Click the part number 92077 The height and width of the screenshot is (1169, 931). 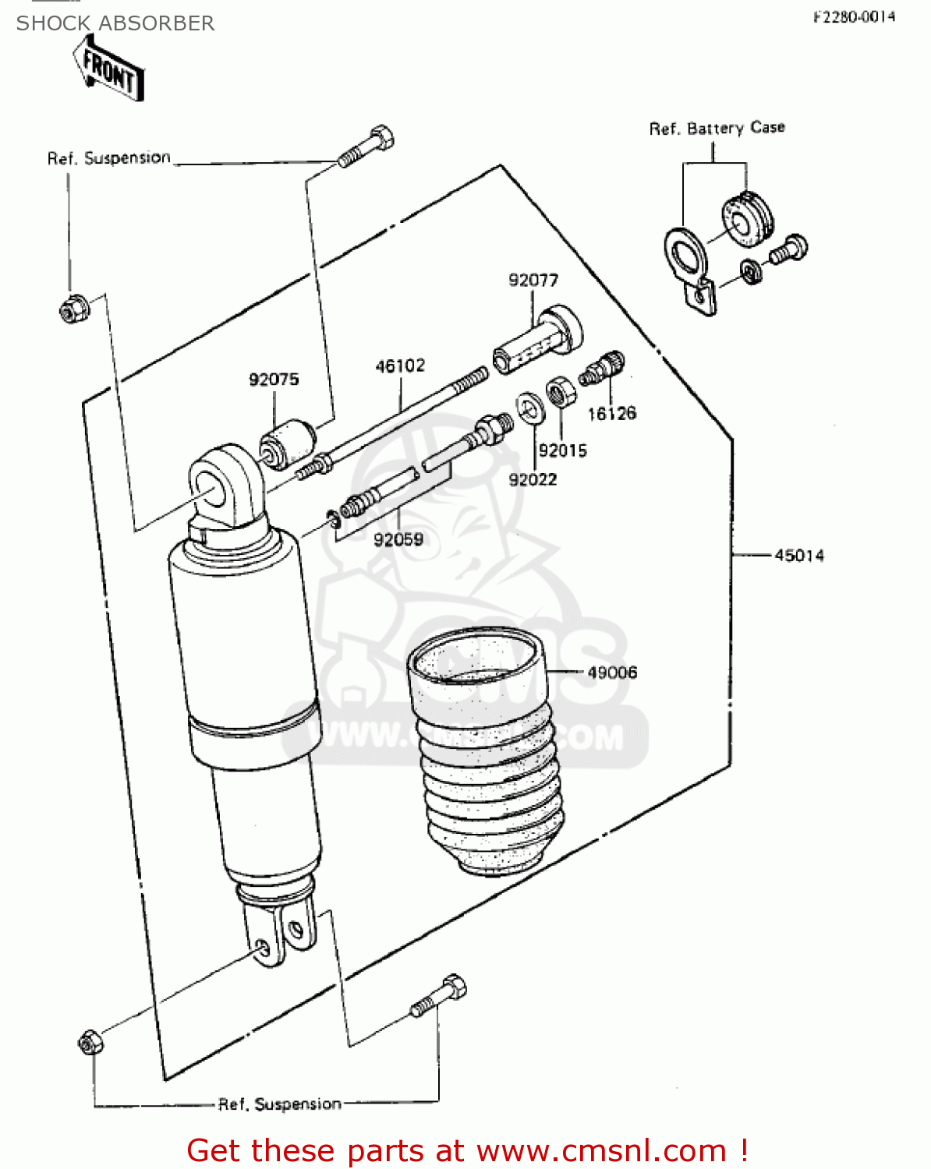(x=533, y=280)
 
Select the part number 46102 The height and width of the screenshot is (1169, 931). (x=400, y=366)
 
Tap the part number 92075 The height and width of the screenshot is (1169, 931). (x=274, y=380)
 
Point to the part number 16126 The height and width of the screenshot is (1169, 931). (x=611, y=414)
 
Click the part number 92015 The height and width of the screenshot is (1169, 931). (x=562, y=450)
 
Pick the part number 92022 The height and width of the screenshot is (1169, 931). (x=533, y=480)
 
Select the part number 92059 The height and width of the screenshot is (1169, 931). (x=398, y=539)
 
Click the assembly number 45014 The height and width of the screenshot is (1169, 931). (x=798, y=556)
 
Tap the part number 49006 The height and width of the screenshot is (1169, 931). (x=612, y=672)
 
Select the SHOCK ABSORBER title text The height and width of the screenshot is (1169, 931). (x=115, y=23)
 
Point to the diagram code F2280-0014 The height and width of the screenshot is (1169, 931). (x=854, y=17)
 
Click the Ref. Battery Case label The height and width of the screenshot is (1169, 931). (x=717, y=128)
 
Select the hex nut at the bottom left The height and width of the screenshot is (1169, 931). (x=90, y=1042)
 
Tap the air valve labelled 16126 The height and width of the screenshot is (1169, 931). (x=603, y=367)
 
